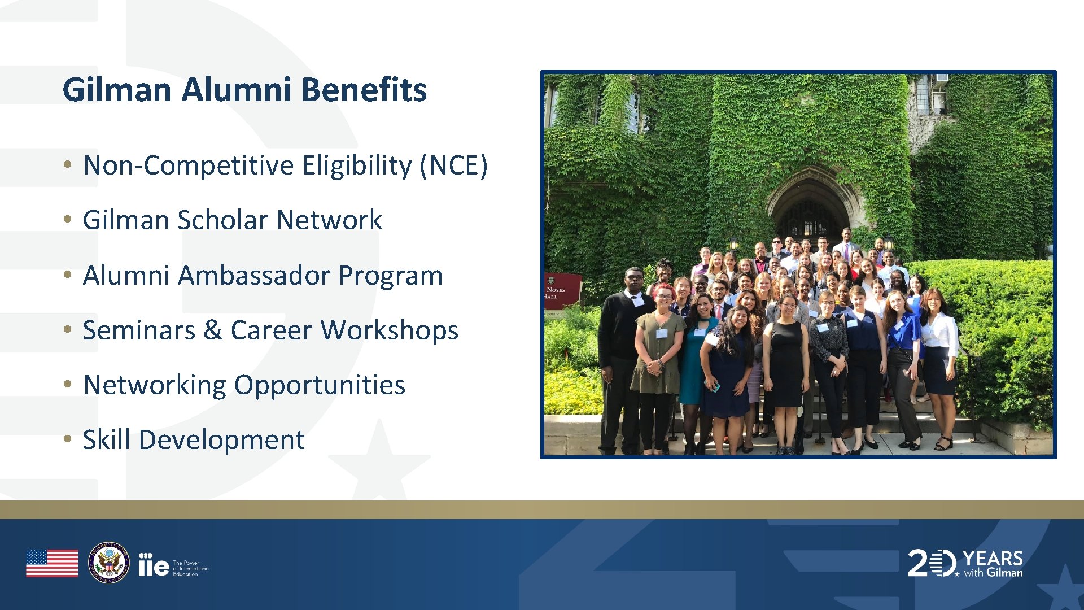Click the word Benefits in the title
click(x=364, y=90)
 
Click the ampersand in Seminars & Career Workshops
click(x=212, y=330)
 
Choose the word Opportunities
click(x=320, y=385)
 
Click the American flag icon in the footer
click(x=52, y=563)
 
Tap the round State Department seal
click(x=109, y=563)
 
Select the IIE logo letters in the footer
click(x=154, y=565)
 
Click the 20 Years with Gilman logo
click(x=965, y=563)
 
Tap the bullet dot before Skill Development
click(x=68, y=439)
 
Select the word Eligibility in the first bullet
click(x=357, y=166)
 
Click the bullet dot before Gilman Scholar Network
click(x=68, y=219)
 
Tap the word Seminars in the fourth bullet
click(x=139, y=330)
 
